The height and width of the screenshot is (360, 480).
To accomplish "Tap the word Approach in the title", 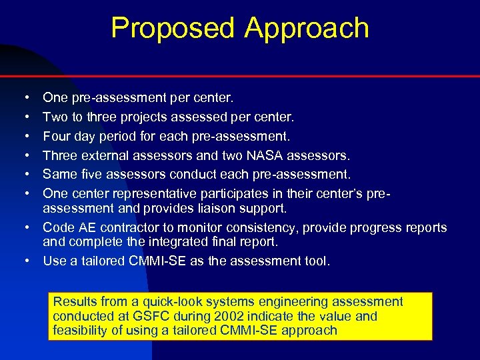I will click(x=306, y=29).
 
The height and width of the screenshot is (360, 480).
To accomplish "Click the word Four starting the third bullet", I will click(x=57, y=136).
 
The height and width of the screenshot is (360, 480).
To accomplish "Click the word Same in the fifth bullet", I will click(x=57, y=175).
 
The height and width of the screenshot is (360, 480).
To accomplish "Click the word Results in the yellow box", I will click(x=75, y=302).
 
